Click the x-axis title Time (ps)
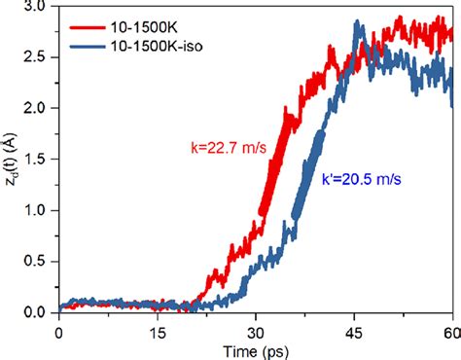click(256, 348)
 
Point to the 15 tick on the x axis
click(158, 328)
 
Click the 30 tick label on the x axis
click(256, 328)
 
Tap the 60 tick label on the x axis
click(449, 328)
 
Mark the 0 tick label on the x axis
click(59, 328)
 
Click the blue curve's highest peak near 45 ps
click(358, 21)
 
